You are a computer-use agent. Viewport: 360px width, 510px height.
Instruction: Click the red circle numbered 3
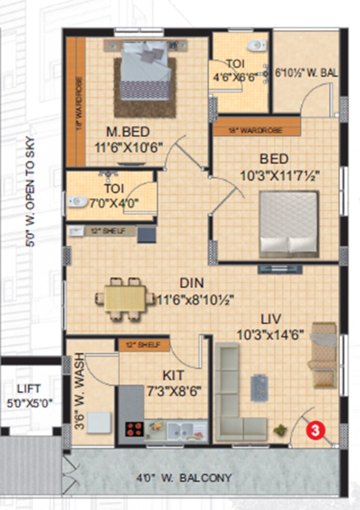315,430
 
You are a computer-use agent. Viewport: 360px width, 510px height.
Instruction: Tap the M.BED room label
128,131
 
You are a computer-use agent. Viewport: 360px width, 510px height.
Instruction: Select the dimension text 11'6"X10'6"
128,145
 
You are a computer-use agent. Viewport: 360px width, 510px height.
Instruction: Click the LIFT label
29,388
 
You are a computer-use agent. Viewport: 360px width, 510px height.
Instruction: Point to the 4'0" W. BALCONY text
183,478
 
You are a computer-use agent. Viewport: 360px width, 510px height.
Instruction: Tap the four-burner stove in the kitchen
135,428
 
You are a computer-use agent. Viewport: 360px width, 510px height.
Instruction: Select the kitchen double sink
179,428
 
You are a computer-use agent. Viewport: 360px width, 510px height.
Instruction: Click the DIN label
192,283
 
